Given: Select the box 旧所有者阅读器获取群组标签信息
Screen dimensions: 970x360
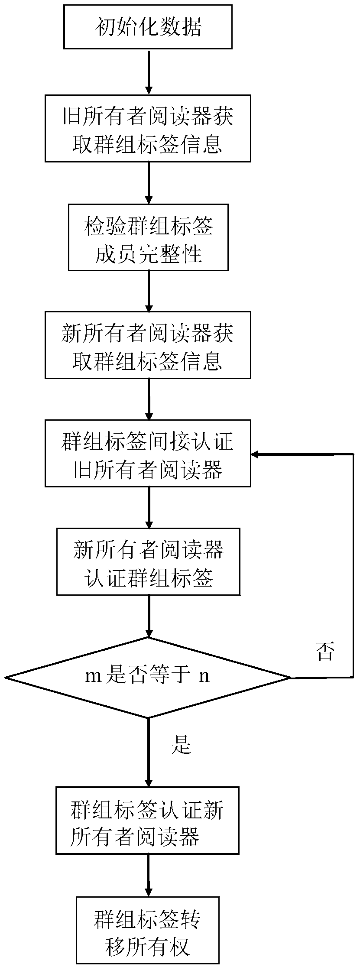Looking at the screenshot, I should [148, 128].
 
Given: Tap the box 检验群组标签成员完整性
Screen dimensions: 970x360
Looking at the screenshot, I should [148, 237].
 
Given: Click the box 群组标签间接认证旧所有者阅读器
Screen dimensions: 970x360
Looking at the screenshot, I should [148, 453].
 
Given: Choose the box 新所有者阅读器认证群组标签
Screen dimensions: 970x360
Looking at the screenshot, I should [148, 561].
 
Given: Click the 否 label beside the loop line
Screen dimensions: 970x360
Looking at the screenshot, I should [325, 652].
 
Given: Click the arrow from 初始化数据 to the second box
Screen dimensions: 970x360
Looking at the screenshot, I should [149, 72].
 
